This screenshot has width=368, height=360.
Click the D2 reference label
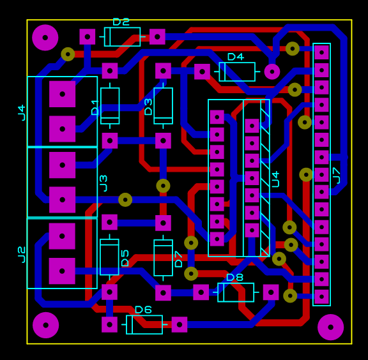point(121,22)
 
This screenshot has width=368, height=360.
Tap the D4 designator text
point(236,57)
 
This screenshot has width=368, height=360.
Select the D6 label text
point(143,310)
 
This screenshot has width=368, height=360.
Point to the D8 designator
point(234,278)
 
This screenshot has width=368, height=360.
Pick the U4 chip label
point(275,179)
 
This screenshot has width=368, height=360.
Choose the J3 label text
point(103,183)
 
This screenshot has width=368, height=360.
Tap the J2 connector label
point(22,255)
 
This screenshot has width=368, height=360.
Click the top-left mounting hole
point(45,38)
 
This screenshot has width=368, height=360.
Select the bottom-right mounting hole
point(330,327)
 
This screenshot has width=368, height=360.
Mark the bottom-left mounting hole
point(45,325)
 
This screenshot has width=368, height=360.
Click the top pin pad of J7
point(321,52)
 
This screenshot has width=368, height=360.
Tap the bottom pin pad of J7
point(321,297)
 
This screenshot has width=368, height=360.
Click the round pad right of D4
point(272,71)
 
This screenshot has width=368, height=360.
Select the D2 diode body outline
point(122,37)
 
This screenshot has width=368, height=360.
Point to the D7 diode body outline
point(163,258)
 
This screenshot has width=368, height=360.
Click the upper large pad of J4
point(62,94)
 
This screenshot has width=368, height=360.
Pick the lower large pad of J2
point(62,271)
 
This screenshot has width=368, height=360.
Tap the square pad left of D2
point(88,37)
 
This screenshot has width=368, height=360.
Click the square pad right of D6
point(180,325)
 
